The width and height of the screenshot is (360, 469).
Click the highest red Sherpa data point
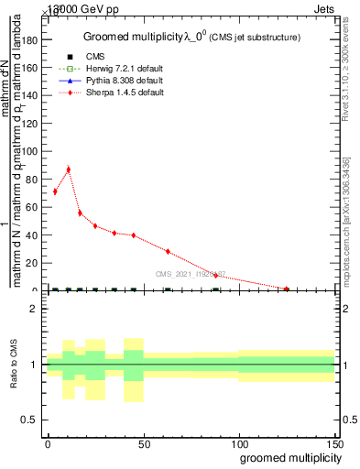coord(68,169)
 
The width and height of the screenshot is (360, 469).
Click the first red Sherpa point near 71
coord(55,191)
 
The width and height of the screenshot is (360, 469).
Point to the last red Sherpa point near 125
coord(287,289)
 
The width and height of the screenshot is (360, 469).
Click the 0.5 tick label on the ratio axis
coord(30,420)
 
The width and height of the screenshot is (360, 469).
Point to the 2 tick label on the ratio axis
coord(34,309)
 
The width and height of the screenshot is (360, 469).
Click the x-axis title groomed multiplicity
coord(286,457)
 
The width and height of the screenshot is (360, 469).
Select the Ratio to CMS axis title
coord(14,365)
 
